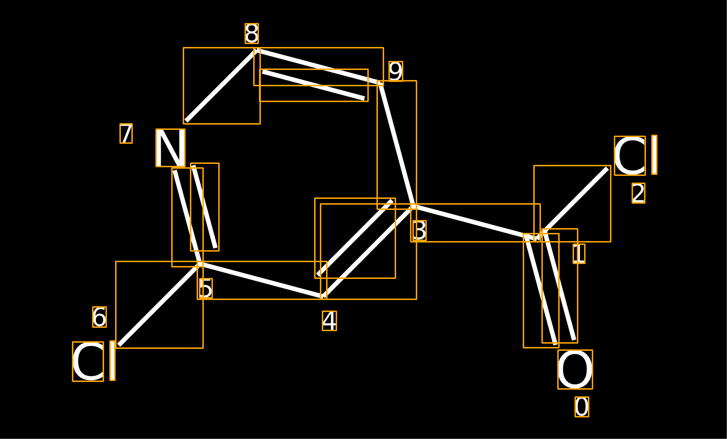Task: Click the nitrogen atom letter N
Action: [170, 148]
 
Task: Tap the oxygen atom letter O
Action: [575, 370]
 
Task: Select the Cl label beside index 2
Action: [635, 155]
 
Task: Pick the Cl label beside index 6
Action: [94, 361]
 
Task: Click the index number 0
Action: [582, 407]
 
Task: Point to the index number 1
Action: [579, 254]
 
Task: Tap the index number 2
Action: [638, 194]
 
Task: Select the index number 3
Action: [419, 231]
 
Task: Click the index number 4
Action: [329, 321]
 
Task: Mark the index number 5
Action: [206, 289]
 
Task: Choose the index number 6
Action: [99, 317]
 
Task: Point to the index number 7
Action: [126, 133]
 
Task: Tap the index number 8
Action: [252, 34]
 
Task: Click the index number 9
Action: [396, 71]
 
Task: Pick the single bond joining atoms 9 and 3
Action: [397, 145]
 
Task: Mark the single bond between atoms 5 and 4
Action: [262, 280]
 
